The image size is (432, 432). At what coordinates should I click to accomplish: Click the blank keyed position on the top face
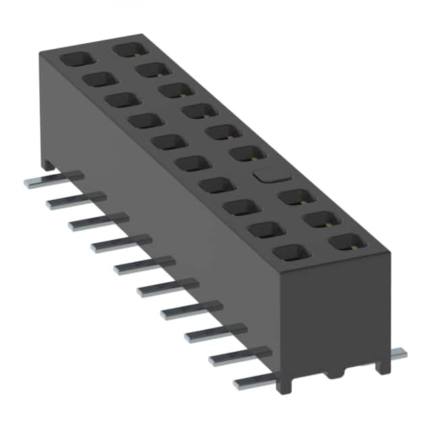point(269,174)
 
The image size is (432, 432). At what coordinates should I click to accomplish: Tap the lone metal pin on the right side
point(398,354)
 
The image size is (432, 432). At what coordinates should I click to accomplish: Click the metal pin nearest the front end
point(253,382)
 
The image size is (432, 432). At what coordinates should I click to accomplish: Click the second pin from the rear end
point(76,200)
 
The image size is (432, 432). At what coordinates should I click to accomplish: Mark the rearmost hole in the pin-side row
point(74,59)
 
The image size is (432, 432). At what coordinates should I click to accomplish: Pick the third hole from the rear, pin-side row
point(122,100)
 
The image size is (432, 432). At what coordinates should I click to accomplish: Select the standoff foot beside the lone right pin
point(383,365)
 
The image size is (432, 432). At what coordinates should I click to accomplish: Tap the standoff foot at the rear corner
point(47,163)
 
